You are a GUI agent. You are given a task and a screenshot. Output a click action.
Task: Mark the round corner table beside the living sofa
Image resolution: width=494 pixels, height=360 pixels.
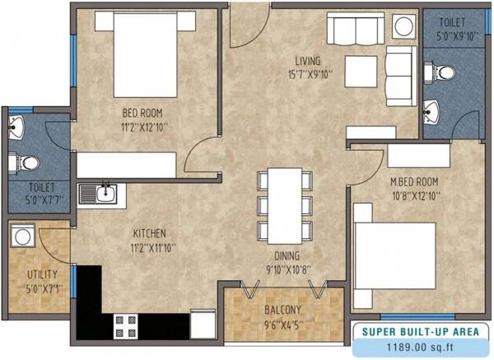point(403,26)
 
